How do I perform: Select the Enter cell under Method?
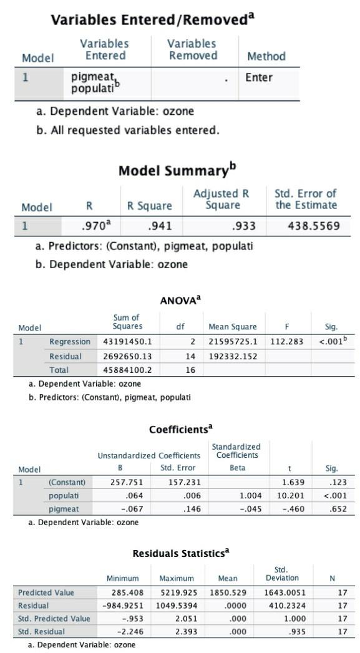[x=258, y=78]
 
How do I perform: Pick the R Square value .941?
[x=160, y=226]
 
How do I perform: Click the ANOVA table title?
[x=180, y=300]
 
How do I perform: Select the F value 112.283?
[x=286, y=342]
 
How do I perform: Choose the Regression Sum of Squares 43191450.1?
[x=127, y=342]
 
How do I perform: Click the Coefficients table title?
[x=181, y=430]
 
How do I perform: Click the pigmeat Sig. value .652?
[x=328, y=510]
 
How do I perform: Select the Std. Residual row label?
[x=41, y=632]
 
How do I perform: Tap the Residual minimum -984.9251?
[x=119, y=606]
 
